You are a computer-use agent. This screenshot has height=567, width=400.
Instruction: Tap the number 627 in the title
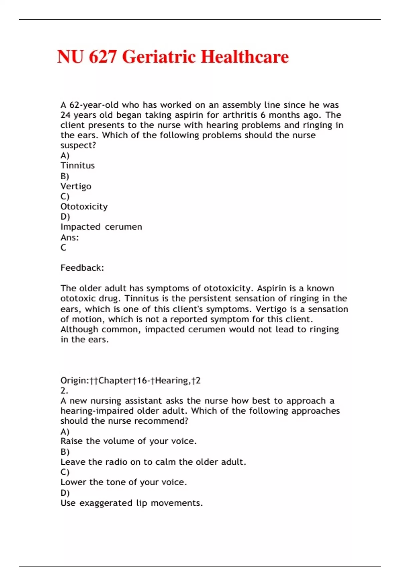pos(103,57)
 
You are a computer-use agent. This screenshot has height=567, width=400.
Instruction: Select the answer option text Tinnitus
pos(77,166)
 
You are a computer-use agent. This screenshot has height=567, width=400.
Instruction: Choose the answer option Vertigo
pos(76,186)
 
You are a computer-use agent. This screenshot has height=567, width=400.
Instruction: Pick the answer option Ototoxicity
pos(84,207)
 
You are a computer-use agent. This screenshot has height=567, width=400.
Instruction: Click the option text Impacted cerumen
pos(101,227)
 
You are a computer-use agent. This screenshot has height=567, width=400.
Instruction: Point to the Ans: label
pos(70,238)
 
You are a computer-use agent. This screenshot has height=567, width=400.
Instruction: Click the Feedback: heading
pos(82,268)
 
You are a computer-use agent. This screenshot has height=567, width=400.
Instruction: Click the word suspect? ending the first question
pos(78,146)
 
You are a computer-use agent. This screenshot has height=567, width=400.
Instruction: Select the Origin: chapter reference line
pos(130,381)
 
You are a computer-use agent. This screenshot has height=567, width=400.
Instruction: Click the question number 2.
pos(64,391)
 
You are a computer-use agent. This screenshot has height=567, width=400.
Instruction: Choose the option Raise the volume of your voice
pos(128,441)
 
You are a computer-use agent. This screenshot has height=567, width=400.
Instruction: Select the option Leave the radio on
pos(153,462)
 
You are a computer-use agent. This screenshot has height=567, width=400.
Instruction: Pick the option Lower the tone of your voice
pos(123,482)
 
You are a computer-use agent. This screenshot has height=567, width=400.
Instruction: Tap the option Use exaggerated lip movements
pos(131,503)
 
